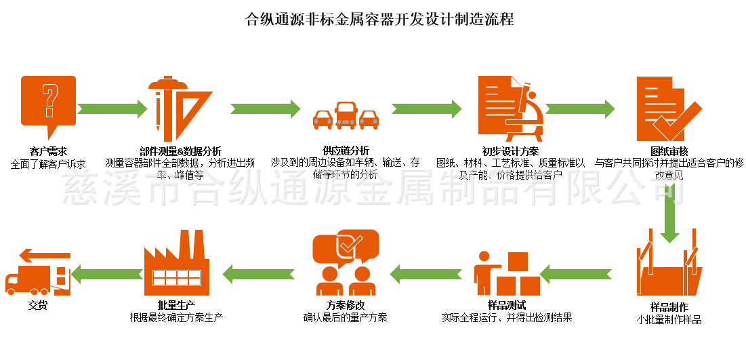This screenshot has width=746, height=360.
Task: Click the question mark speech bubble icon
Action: click(x=48, y=104)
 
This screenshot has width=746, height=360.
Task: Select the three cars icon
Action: click(x=346, y=116)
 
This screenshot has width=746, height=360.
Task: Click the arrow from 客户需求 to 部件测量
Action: click(x=112, y=108)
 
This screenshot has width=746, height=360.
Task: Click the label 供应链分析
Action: click(x=346, y=151)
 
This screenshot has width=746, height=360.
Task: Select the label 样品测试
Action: click(x=506, y=305)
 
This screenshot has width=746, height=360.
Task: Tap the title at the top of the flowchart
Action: click(x=379, y=19)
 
